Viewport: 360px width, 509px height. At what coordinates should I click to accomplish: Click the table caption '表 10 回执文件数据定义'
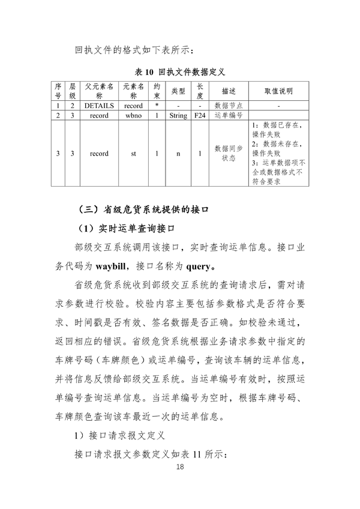180,72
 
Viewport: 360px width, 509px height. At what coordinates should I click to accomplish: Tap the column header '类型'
178,91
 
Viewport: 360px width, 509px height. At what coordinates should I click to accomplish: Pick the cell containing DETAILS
99,106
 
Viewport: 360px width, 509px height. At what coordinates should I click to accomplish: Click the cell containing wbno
133,115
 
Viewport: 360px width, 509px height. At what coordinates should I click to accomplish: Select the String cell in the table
178,115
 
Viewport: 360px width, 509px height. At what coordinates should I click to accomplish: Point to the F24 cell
200,115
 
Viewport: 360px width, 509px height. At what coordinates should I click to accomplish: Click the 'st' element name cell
133,154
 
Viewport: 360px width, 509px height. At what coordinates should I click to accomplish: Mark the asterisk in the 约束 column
156,106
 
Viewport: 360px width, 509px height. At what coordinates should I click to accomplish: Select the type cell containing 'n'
178,154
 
